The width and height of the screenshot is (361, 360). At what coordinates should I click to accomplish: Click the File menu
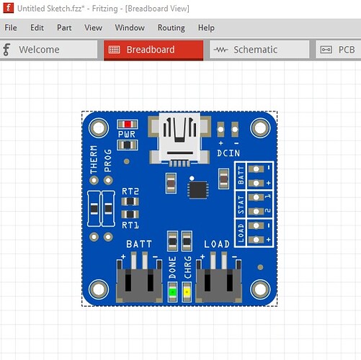(11, 27)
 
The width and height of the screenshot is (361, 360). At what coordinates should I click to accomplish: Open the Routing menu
(171, 28)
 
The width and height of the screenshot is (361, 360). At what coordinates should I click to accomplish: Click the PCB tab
(338, 50)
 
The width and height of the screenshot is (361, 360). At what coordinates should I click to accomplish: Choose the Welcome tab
(49, 50)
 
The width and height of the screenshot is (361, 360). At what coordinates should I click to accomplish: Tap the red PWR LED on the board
(128, 124)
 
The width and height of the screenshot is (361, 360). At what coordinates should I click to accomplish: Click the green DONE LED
(172, 292)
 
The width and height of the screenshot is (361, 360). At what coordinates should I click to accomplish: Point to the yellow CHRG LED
(187, 292)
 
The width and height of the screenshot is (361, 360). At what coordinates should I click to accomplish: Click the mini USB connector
(179, 139)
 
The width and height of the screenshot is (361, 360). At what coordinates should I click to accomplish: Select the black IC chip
(198, 190)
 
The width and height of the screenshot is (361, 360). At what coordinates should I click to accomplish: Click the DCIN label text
(228, 153)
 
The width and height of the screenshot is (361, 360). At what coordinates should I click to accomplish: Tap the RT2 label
(130, 192)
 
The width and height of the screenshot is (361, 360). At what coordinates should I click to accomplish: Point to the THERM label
(94, 159)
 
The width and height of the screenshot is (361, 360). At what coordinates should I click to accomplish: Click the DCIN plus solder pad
(220, 130)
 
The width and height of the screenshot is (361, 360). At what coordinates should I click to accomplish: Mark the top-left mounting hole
(99, 128)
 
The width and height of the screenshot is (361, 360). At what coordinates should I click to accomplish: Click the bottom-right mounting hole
(260, 289)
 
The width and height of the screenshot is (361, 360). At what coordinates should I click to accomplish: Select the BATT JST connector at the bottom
(139, 278)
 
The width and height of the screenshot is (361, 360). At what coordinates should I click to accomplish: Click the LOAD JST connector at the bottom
(218, 278)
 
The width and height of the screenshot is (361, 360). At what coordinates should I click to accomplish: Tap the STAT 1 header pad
(256, 197)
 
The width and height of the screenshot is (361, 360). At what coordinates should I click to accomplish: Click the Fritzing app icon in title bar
(8, 8)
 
